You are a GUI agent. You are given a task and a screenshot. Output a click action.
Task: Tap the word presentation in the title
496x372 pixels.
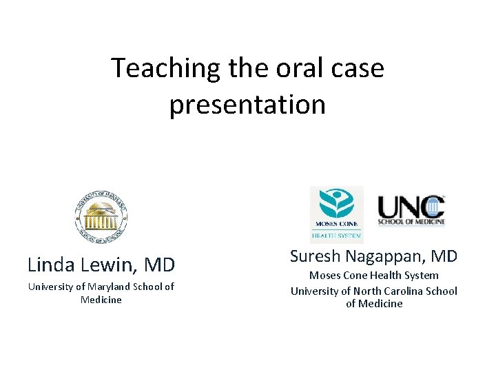coord(247,104)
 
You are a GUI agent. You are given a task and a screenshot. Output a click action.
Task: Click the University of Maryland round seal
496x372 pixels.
coord(101,216)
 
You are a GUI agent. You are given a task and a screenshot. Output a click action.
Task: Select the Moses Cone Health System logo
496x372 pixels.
coord(336,213)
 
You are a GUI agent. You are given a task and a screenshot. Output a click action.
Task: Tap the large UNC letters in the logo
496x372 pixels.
coord(411,206)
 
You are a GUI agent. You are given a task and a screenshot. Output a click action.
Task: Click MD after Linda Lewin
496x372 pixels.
coord(159,265)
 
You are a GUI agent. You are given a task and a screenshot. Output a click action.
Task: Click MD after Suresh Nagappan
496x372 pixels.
coord(444,256)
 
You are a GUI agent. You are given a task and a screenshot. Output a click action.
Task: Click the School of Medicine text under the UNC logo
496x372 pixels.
coord(411,222)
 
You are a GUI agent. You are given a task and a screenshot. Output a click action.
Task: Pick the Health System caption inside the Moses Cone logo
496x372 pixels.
coord(336,235)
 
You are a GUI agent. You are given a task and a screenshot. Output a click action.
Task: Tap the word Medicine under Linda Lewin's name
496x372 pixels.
coord(101,300)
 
